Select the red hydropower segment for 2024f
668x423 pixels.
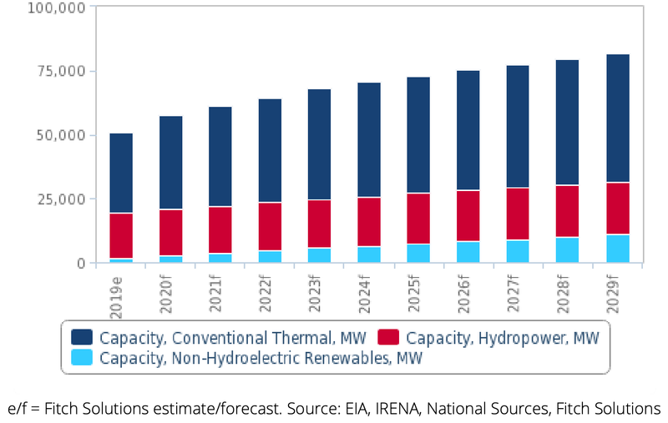point(368,222)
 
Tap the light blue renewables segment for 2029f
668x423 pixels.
point(617,249)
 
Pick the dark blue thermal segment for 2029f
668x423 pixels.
point(617,118)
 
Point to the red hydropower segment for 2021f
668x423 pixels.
point(220,229)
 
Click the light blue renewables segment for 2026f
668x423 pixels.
point(468,252)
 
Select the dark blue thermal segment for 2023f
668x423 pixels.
point(319,144)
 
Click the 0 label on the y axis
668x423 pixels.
point(80,263)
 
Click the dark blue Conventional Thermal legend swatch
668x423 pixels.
point(82,338)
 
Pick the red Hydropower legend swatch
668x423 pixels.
point(388,338)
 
